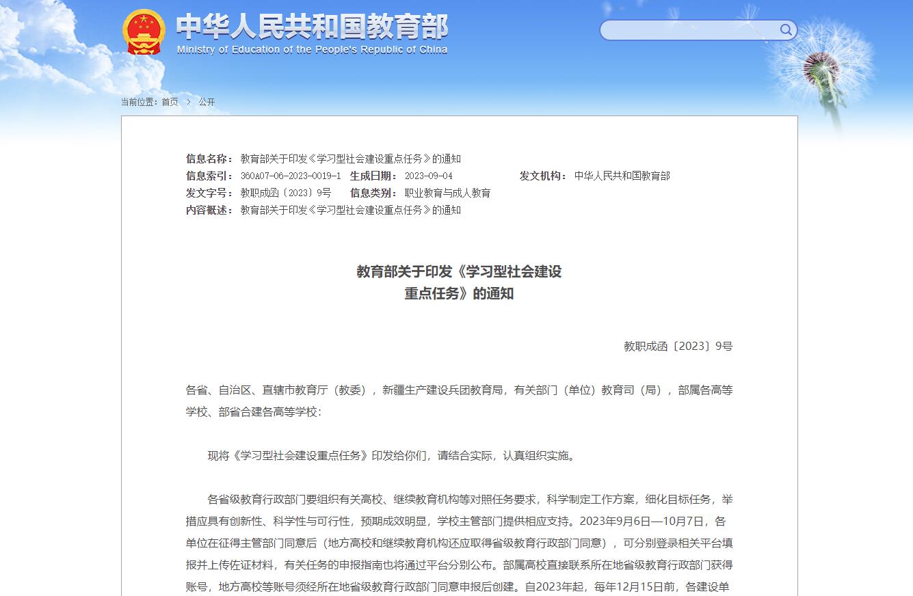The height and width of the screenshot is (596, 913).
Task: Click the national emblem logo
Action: pyautogui.click(x=144, y=31)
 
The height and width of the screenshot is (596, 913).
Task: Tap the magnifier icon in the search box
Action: pyautogui.click(x=786, y=29)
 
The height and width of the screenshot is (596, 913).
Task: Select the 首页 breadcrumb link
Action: pyautogui.click(x=170, y=102)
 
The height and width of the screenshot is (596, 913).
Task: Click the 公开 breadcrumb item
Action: pyautogui.click(x=207, y=102)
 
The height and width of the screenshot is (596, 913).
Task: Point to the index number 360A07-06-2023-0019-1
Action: pyautogui.click(x=290, y=176)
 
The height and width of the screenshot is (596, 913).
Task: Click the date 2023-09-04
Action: pyautogui.click(x=428, y=176)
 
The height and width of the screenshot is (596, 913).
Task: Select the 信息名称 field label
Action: pyautogui.click(x=209, y=159)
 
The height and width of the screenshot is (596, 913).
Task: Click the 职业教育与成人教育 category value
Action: pyautogui.click(x=447, y=193)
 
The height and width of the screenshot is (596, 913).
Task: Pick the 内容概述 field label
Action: pyautogui.click(x=209, y=210)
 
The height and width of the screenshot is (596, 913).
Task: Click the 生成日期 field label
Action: pyautogui.click(x=373, y=176)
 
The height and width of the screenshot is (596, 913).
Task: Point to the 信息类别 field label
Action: pyautogui.click(x=373, y=193)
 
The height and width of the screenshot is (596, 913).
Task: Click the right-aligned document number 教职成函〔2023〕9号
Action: pyautogui.click(x=678, y=346)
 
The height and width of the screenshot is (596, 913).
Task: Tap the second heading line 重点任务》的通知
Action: pyautogui.click(x=458, y=294)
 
